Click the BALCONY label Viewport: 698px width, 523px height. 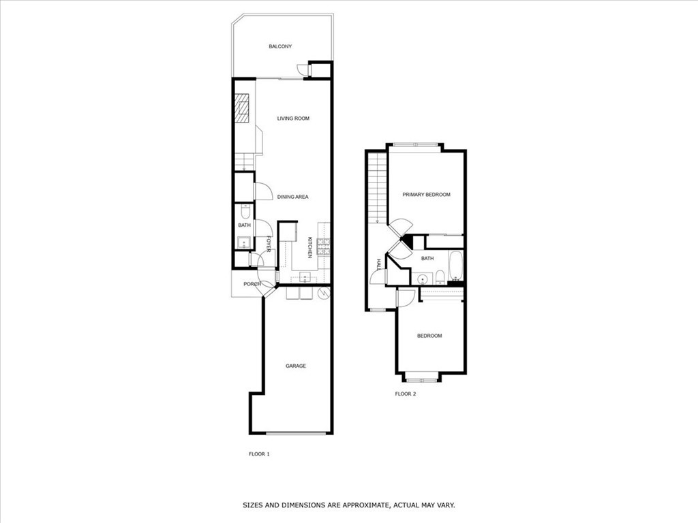pyautogui.click(x=280, y=46)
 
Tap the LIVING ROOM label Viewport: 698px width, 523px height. pyautogui.click(x=293, y=118)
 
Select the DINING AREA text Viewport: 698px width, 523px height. pyautogui.click(x=293, y=197)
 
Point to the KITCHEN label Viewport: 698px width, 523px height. pyautogui.click(x=309, y=247)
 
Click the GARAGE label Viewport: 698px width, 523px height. pyautogui.click(x=295, y=366)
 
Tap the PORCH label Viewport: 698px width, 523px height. pyautogui.click(x=252, y=284)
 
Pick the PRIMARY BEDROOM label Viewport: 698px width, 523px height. pyautogui.click(x=426, y=195)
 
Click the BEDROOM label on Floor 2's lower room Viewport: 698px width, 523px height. pyautogui.click(x=429, y=336)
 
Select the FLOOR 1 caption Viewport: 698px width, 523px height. pyautogui.click(x=259, y=454)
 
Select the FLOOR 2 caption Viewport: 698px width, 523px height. pyautogui.click(x=406, y=394)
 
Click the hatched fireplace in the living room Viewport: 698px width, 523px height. pyautogui.click(x=242, y=108)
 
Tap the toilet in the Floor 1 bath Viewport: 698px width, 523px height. pyautogui.click(x=244, y=210)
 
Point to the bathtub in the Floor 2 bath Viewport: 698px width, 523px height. pyautogui.click(x=456, y=266)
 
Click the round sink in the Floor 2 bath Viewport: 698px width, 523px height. pyautogui.click(x=423, y=279)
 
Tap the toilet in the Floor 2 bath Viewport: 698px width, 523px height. pyautogui.click(x=440, y=276)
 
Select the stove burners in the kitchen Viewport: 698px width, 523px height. pyautogui.click(x=326, y=248)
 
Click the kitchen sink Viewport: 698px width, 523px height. pyautogui.click(x=305, y=276)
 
